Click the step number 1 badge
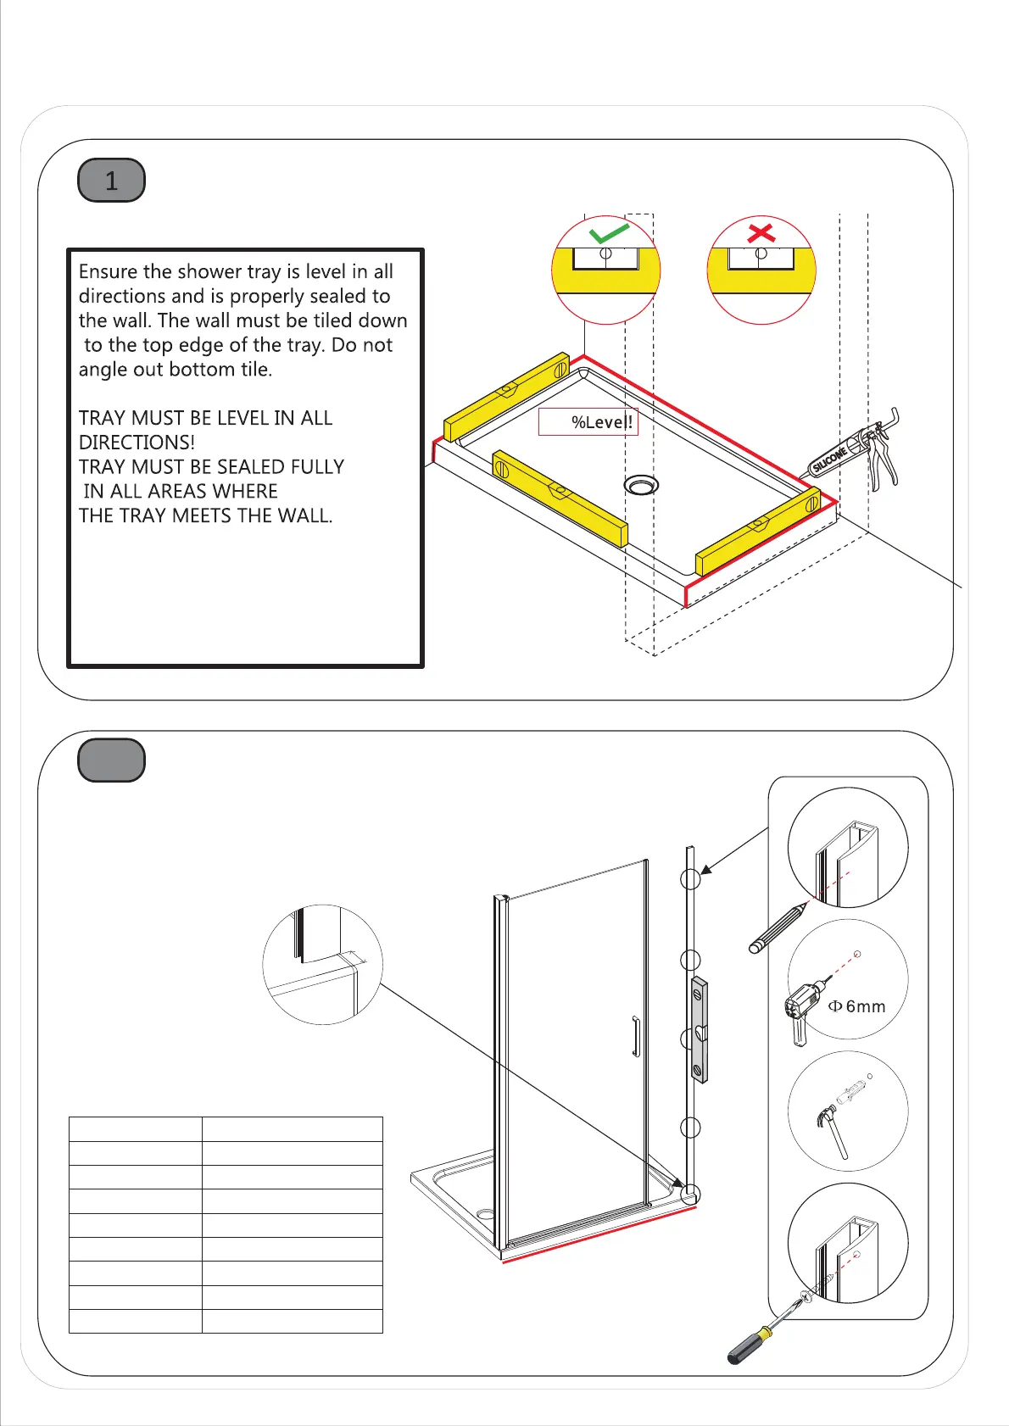111,181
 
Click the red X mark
761,231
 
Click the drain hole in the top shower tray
641,485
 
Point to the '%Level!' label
601,422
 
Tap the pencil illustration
778,930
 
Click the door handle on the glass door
634,1036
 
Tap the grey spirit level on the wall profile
699,1029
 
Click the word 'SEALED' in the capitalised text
251,467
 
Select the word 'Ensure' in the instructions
108,272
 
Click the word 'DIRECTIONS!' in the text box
137,443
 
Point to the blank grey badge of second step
111,760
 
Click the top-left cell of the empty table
136,1129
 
